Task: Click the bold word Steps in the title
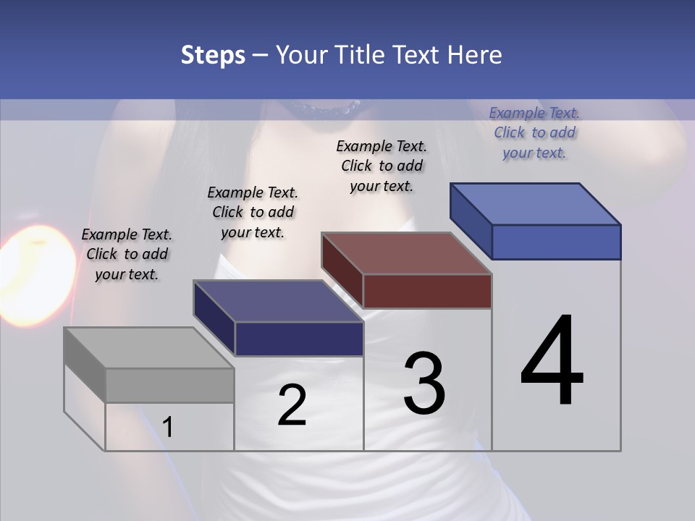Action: (x=213, y=55)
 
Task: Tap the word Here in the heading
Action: (x=475, y=55)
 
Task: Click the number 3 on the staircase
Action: (x=424, y=384)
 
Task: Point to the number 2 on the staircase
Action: (x=292, y=405)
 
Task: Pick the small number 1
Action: (x=168, y=428)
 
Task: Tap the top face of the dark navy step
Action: (x=279, y=301)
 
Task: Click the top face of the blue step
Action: (x=536, y=204)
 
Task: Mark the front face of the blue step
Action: (x=556, y=242)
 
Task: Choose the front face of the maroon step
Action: (x=427, y=292)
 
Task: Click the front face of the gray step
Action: (x=169, y=386)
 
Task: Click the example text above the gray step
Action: (x=127, y=254)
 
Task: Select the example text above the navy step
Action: (x=253, y=212)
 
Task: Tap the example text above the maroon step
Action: (x=382, y=166)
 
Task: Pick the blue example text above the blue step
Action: (x=534, y=132)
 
